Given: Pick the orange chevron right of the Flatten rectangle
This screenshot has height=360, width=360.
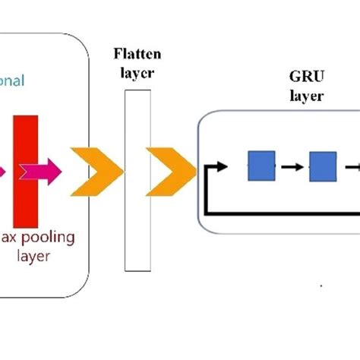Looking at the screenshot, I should [x=168, y=168].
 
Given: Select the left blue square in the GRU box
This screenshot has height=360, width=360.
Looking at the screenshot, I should [x=261, y=166].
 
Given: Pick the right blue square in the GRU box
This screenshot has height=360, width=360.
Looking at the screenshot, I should [x=321, y=166].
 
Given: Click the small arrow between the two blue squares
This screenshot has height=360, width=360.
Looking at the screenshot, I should [x=291, y=166].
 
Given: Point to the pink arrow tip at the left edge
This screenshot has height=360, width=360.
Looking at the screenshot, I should [x=3, y=169].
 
